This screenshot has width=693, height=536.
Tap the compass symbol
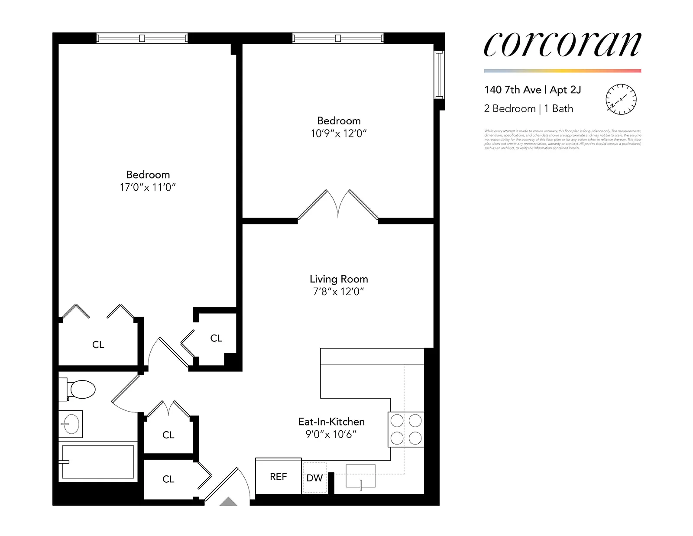tap(621, 99)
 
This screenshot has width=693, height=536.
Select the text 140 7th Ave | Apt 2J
tap(532, 90)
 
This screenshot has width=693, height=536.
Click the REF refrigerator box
tap(278, 476)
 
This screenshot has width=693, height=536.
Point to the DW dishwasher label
tap(314, 478)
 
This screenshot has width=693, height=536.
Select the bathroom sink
tap(70, 424)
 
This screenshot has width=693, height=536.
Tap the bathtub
tap(98, 462)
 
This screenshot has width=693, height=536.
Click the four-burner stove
tap(406, 429)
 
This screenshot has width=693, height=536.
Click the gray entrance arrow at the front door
tap(228, 502)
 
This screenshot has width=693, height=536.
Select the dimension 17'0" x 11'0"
tap(148, 187)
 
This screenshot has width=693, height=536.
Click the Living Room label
tap(339, 279)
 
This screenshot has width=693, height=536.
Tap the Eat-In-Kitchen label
tap(331, 422)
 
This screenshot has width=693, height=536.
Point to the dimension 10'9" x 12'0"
tap(339, 133)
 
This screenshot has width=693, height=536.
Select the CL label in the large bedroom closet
tap(98, 344)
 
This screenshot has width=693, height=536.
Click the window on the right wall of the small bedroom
tap(439, 75)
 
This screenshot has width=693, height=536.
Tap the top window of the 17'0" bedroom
tap(142, 38)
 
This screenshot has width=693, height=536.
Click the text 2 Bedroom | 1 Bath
tap(528, 109)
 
